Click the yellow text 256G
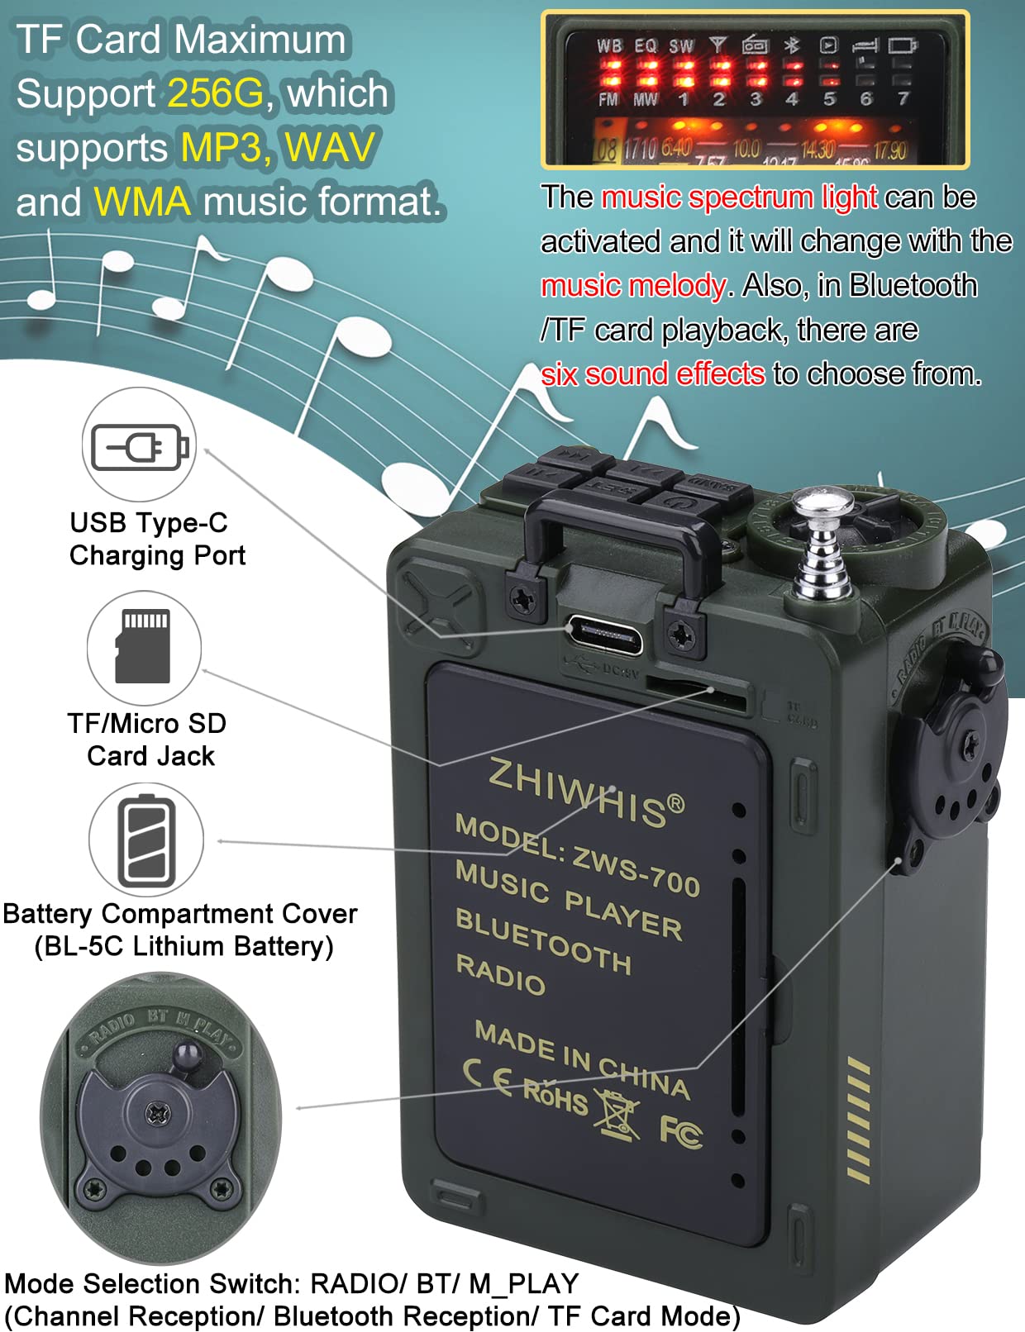[x=216, y=93]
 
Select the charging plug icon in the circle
[x=139, y=447]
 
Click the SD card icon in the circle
[x=143, y=647]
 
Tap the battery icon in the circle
[x=146, y=840]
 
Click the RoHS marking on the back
[x=555, y=1096]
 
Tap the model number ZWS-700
[x=636, y=870]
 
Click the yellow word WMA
[x=142, y=202]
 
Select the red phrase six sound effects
[x=652, y=374]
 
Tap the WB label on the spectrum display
[x=609, y=46]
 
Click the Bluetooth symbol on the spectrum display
[x=792, y=45]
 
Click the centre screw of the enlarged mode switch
[x=158, y=1113]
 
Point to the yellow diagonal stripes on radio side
[x=859, y=1121]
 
